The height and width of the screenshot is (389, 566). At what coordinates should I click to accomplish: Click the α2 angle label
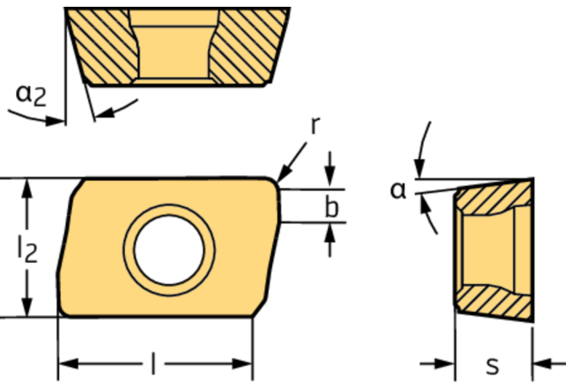tap(31, 95)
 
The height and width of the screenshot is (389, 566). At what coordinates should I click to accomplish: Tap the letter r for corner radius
tap(315, 125)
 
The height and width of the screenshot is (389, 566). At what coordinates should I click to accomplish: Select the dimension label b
tap(332, 206)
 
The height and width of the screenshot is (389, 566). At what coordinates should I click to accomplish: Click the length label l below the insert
tap(154, 363)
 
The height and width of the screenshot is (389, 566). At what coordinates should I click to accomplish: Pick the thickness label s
tap(493, 365)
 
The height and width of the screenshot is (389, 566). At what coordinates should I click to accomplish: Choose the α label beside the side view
tap(398, 190)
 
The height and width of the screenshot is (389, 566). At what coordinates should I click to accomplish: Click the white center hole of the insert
tap(169, 250)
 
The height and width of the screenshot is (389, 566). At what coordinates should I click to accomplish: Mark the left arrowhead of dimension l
tap(68, 364)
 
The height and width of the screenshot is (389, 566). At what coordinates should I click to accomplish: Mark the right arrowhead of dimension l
tap(242, 364)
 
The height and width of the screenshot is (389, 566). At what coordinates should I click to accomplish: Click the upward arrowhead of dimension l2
tap(27, 189)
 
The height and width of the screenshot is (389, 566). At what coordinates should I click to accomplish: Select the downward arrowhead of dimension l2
tap(27, 307)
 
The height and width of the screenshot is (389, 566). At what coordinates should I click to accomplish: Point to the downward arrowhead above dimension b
tap(329, 177)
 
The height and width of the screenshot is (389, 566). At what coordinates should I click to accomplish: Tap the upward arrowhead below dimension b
tap(329, 233)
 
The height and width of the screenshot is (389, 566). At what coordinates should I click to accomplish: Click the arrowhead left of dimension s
tap(444, 364)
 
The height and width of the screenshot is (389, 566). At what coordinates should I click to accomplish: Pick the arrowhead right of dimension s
tap(542, 364)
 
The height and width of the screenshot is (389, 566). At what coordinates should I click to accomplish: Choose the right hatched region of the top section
tap(249, 45)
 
